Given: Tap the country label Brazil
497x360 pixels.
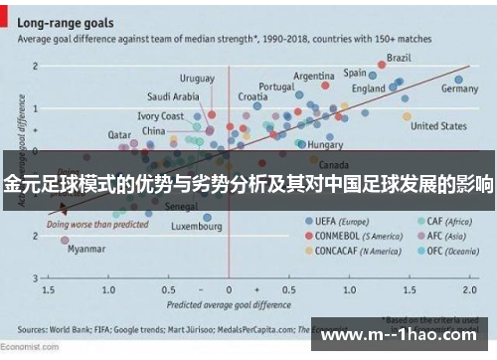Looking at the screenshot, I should pyautogui.click(x=399, y=57).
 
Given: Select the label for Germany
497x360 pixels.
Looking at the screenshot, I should pyautogui.click(x=459, y=89).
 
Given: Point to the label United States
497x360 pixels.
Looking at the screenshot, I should pyautogui.click(x=438, y=126).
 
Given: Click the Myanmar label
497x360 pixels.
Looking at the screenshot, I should pyautogui.click(x=85, y=250).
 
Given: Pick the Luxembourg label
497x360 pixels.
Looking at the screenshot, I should pyautogui.click(x=196, y=227).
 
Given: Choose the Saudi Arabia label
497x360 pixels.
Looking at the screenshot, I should pyautogui.click(x=173, y=96).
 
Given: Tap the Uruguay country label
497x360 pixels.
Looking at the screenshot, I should pyautogui.click(x=197, y=78).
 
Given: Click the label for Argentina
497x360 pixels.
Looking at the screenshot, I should pyautogui.click(x=313, y=76).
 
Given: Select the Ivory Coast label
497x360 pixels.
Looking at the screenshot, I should pyautogui.click(x=160, y=116).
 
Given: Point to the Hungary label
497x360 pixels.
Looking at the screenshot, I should pyautogui.click(x=326, y=144).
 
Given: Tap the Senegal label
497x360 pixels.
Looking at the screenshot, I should pyautogui.click(x=181, y=207).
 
